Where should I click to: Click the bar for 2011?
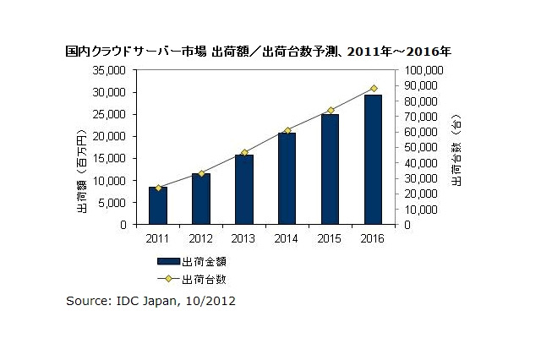(158, 206)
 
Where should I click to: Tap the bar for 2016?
(373, 160)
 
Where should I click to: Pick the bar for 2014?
(287, 179)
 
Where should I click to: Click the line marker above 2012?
(201, 173)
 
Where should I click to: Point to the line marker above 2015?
(331, 110)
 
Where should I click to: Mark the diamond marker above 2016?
(374, 88)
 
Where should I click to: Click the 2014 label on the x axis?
(287, 240)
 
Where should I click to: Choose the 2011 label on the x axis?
(158, 240)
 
